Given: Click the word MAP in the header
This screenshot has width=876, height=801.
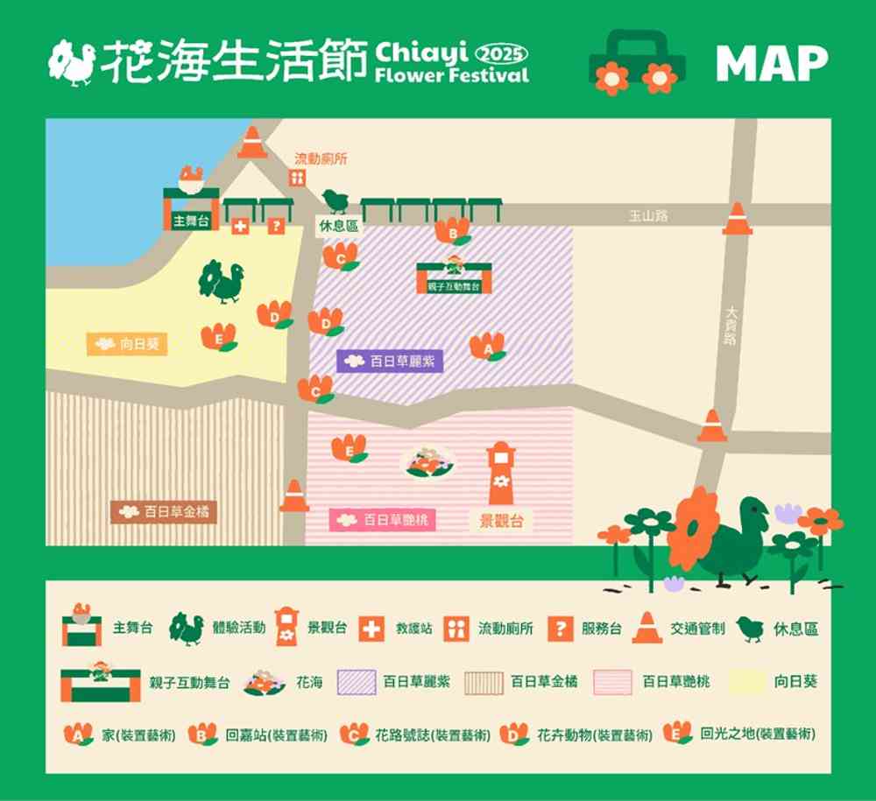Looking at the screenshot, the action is coord(771,63).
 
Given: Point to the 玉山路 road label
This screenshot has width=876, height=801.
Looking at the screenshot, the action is coord(648,215).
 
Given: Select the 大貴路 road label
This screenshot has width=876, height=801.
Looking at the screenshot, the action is coord(731,325).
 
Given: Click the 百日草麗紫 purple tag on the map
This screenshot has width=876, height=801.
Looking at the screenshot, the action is coord(390,361).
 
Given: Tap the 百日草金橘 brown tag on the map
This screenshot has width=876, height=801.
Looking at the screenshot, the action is coord(164,511).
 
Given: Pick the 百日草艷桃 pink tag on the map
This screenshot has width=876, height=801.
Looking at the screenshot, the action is coord(383,520).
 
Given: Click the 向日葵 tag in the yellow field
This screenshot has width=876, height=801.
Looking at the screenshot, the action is coord(127,344).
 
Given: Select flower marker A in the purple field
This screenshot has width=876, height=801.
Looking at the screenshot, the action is coord(487,346).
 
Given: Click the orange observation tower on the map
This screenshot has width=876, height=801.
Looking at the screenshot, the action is coord(501,473).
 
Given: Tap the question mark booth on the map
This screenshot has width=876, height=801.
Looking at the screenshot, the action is coord(276,226).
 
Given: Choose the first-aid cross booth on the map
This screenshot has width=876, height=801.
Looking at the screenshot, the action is coord(239,226).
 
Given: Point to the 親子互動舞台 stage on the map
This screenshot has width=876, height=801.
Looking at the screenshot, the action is coord(453,276).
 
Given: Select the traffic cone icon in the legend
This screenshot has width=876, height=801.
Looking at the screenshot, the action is coord(646,628).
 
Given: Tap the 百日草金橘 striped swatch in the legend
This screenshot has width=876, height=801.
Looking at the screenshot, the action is coord(484,682).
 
